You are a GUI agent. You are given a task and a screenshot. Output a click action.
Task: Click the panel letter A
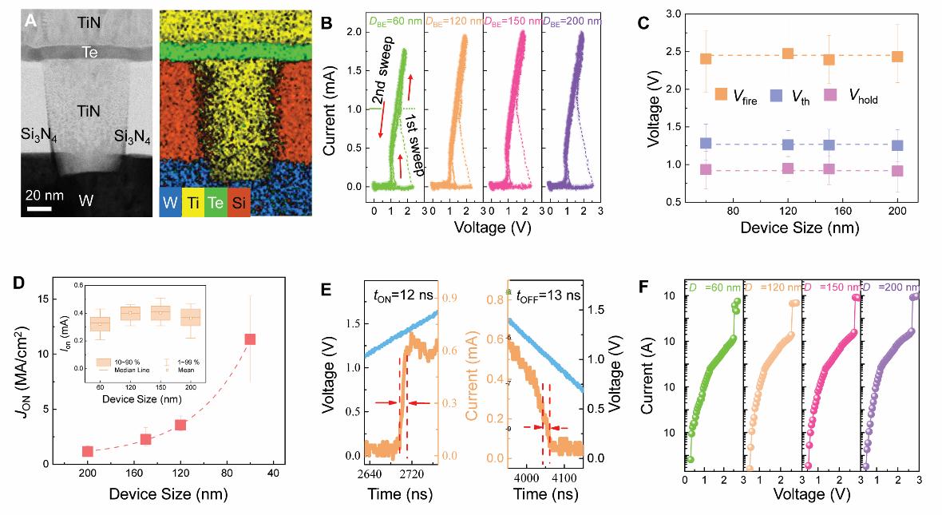pyautogui.click(x=30, y=22)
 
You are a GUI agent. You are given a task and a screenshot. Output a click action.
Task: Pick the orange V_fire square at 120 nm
pyautogui.click(x=787, y=53)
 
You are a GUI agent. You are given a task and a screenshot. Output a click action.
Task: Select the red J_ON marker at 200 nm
pyautogui.click(x=88, y=451)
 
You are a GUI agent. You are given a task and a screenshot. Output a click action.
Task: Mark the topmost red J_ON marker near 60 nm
pyautogui.click(x=250, y=339)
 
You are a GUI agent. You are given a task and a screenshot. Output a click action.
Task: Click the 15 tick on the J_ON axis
pyautogui.click(x=45, y=299)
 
